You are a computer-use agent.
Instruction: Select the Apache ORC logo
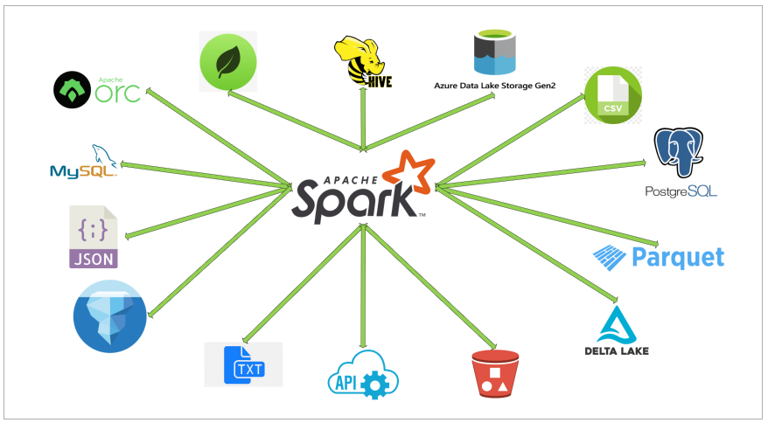click(97, 89)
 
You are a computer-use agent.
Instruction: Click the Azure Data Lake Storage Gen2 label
click(495, 86)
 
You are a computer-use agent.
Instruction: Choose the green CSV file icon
click(613, 95)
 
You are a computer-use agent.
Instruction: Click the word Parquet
click(678, 257)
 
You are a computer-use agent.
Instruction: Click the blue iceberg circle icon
click(109, 316)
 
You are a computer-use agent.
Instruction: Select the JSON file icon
click(94, 237)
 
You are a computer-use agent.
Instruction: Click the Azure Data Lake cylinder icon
click(496, 53)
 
